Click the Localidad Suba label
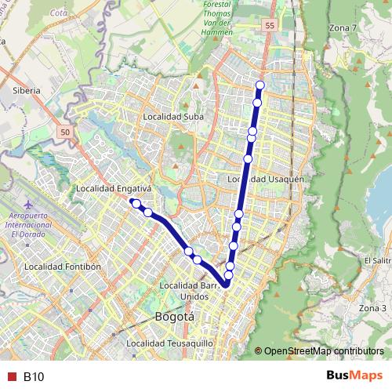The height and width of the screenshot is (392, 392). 173,117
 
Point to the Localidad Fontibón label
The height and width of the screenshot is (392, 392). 64,267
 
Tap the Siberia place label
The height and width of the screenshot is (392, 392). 26,91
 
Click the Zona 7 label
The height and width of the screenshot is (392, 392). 343,28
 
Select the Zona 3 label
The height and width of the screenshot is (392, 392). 373,308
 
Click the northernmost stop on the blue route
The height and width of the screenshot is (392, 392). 260,85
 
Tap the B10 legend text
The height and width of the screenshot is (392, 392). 34,377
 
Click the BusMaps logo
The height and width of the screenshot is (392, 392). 354,376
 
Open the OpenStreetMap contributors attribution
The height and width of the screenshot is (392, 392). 324,351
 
